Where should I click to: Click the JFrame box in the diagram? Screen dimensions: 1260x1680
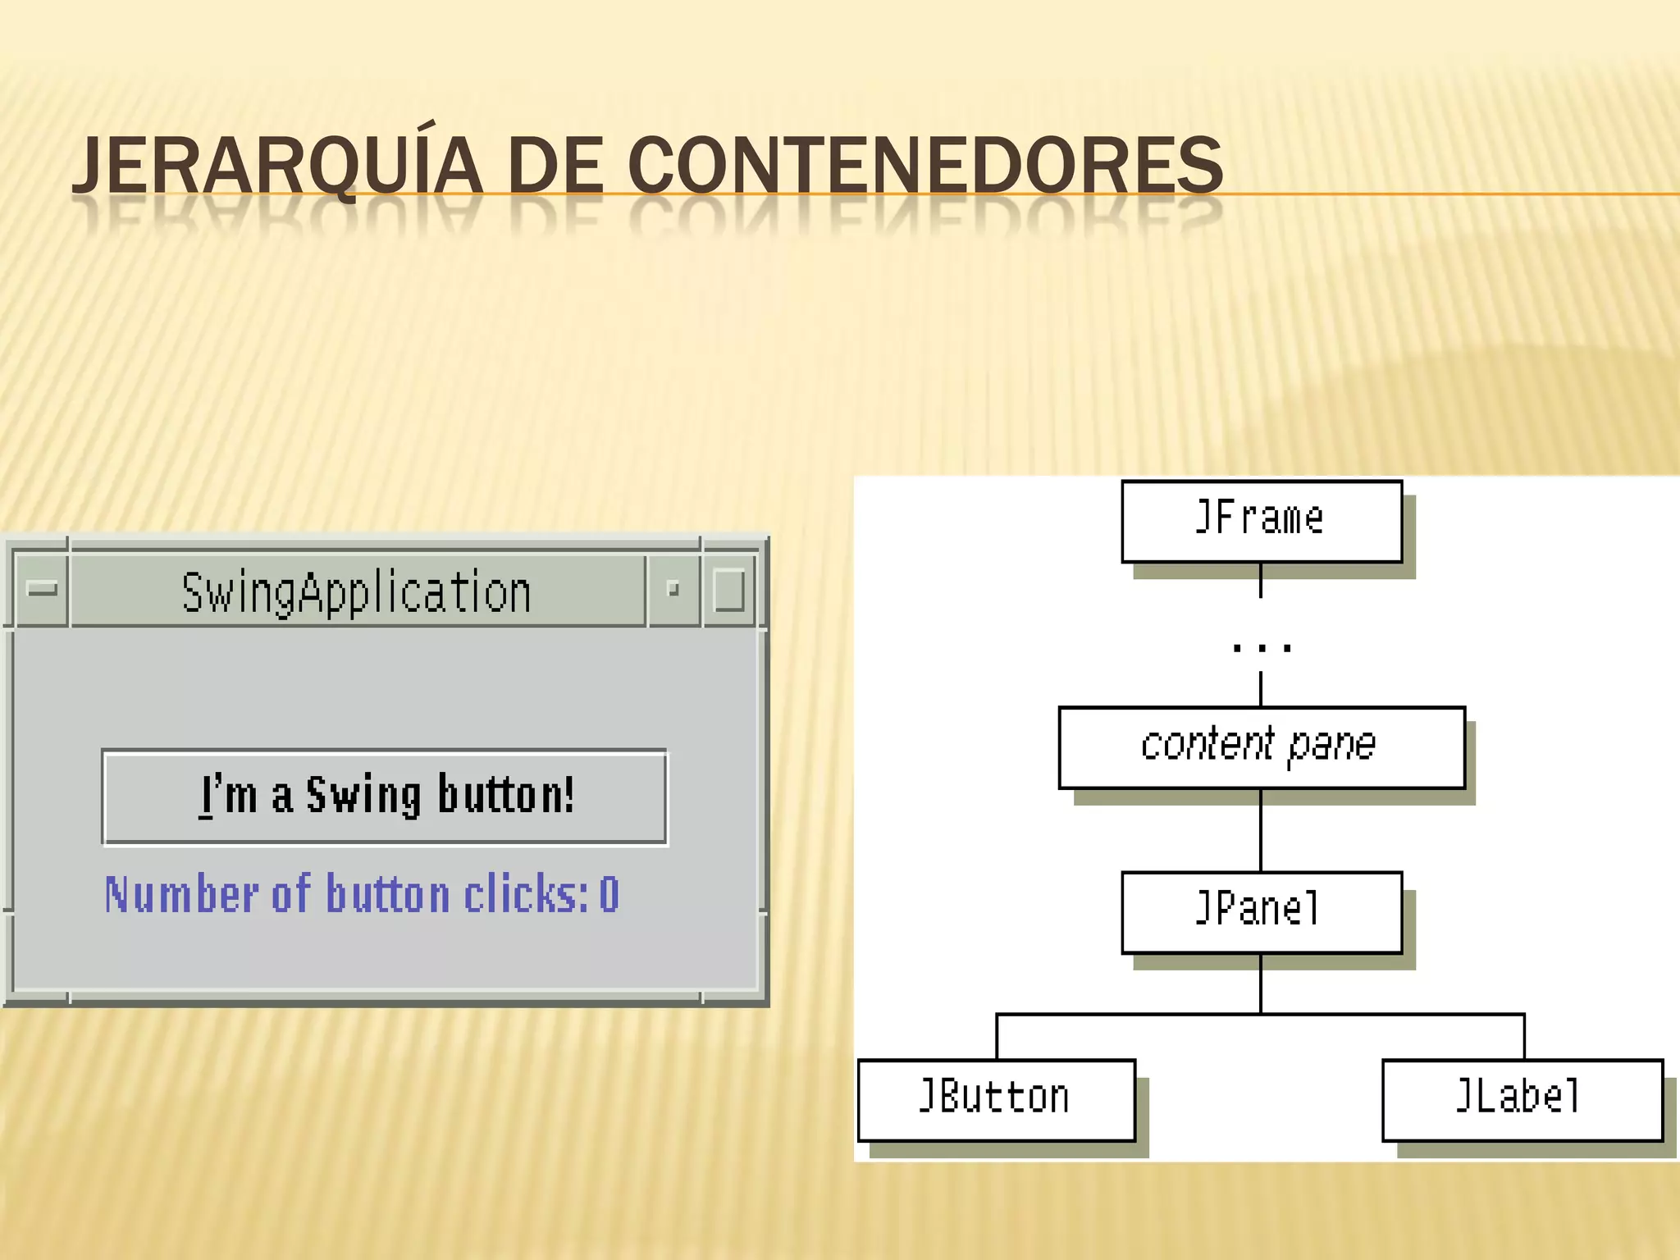[1261, 521]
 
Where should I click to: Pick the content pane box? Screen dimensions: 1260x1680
[1261, 746]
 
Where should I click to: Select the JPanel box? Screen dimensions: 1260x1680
[1261, 911]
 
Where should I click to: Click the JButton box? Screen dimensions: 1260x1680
[996, 1099]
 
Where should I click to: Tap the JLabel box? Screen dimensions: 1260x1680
[1522, 1099]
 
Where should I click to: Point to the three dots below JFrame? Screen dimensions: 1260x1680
[1262, 648]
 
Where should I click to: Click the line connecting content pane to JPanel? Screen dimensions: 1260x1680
[1261, 830]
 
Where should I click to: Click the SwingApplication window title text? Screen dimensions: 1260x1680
[356, 592]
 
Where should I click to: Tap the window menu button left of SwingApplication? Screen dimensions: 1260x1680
[42, 589]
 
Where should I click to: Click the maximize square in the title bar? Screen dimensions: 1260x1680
[728, 590]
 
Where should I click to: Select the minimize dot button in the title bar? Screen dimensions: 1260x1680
[673, 589]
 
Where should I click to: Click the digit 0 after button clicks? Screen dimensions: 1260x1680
[609, 894]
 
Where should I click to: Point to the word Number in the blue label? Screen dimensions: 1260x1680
[182, 894]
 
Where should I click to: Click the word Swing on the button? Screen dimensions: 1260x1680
[363, 796]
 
